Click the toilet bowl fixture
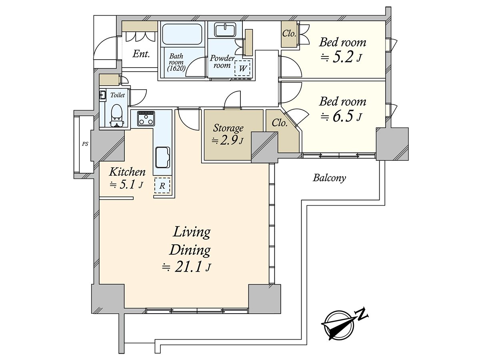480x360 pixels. (116, 116)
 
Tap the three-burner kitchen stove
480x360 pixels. (146, 118)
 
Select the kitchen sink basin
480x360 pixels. (162, 157)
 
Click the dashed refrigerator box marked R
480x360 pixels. (162, 186)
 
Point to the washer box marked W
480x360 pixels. (242, 68)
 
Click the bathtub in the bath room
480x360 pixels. (182, 34)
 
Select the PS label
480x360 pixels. (85, 144)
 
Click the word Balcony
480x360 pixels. (329, 178)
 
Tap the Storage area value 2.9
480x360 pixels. (228, 141)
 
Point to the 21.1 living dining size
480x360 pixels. (188, 267)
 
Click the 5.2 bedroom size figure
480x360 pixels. (343, 58)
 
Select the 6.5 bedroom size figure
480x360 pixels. (343, 116)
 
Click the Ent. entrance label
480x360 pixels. (141, 54)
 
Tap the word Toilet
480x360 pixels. (118, 95)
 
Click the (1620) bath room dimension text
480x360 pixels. (176, 69)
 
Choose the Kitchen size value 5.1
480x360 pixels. (128, 185)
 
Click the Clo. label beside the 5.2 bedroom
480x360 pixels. (289, 34)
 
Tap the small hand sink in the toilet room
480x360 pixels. (102, 95)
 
